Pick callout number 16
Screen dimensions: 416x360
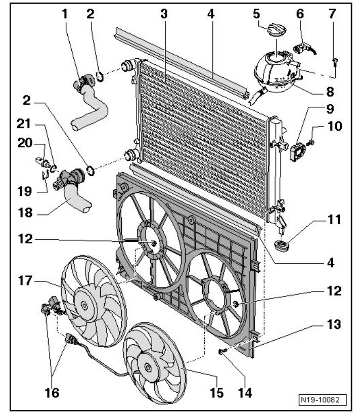coord(52,392)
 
